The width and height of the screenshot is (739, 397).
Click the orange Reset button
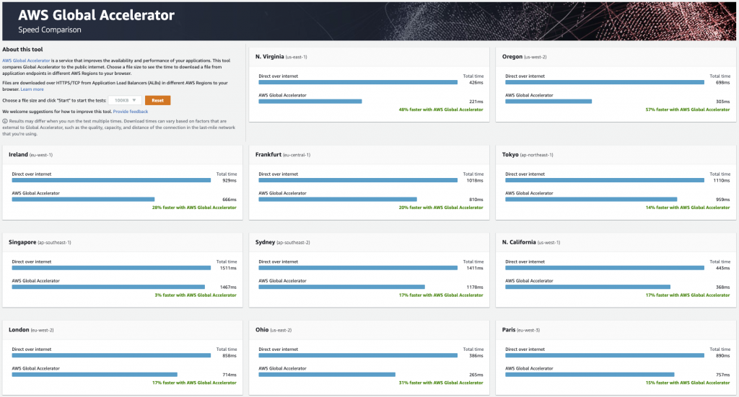pyautogui.click(x=157, y=100)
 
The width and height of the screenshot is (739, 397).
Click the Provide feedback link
pyautogui.click(x=131, y=112)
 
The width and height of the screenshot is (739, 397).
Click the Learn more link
pyautogui.click(x=32, y=89)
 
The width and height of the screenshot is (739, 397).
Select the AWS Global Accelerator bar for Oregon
pyautogui.click(x=548, y=101)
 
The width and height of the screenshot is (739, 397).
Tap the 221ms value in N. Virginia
pyautogui.click(x=476, y=101)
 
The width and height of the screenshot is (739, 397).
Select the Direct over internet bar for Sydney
pyautogui.click(x=357, y=268)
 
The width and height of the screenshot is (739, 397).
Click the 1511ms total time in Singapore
pyautogui.click(x=227, y=268)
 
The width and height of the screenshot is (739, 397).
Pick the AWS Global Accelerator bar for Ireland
pyautogui.click(x=83, y=199)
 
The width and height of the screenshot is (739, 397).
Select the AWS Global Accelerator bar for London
pyautogui.click(x=95, y=374)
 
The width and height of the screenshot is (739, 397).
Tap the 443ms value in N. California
pyautogui.click(x=722, y=268)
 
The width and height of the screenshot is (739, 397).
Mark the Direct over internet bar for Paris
pyautogui.click(x=605, y=356)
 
